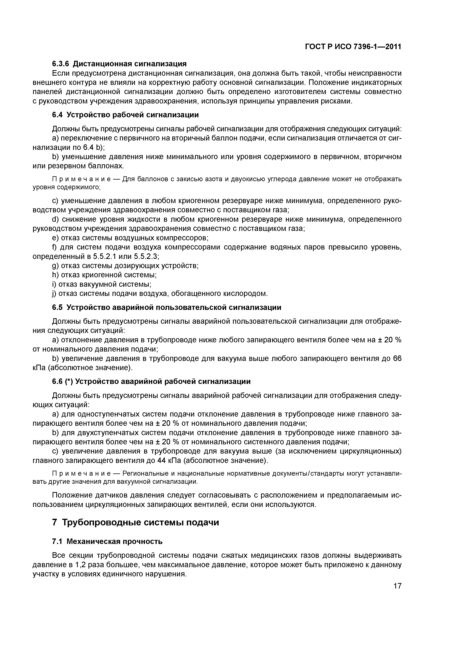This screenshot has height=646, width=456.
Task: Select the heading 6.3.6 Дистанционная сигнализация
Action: (119, 64)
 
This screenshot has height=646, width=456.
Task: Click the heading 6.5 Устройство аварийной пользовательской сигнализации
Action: (167, 307)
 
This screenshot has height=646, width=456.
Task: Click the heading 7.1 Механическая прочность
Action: (107, 541)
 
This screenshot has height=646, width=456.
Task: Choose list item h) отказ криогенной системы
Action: (104, 275)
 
